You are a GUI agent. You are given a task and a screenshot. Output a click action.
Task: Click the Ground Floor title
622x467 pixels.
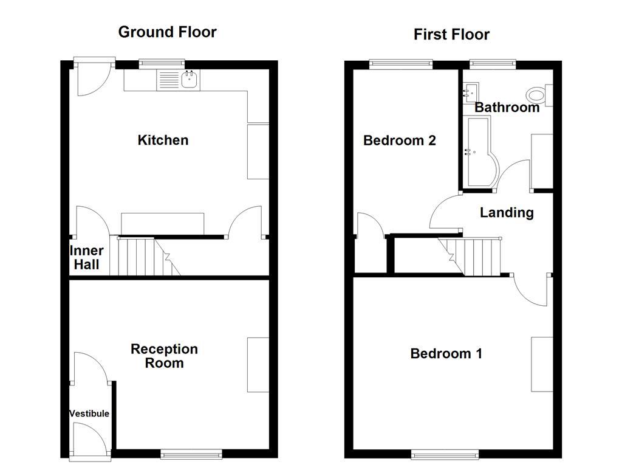pyautogui.click(x=167, y=32)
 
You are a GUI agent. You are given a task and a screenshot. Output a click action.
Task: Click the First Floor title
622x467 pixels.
pyautogui.click(x=451, y=35)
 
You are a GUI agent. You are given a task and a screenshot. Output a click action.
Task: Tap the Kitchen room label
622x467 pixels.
pyautogui.click(x=163, y=140)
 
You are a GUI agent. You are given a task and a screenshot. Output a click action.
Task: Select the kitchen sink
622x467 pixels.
pyautogui.click(x=190, y=79)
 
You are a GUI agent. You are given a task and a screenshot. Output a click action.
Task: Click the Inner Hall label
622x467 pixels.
pyautogui.click(x=86, y=258)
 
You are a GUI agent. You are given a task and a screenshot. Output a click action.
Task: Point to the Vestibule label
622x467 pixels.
pyautogui.click(x=89, y=413)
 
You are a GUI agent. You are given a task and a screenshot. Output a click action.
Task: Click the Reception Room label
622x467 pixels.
pyautogui.click(x=164, y=356)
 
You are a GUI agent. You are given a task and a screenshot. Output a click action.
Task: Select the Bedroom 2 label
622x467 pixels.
pyautogui.click(x=399, y=140)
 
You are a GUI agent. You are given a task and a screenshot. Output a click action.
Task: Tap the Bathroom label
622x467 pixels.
pyautogui.click(x=507, y=108)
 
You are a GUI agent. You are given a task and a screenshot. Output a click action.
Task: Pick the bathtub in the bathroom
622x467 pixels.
pyautogui.click(x=480, y=152)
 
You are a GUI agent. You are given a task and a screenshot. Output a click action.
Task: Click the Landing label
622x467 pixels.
pyautogui.click(x=507, y=213)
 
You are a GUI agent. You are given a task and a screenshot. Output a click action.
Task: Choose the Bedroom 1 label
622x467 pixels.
pyautogui.click(x=446, y=354)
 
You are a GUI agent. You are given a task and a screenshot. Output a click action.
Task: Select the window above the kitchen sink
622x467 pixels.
pyautogui.click(x=162, y=62)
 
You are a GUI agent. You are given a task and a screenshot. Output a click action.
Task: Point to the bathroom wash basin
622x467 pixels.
pyautogui.click(x=468, y=93)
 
